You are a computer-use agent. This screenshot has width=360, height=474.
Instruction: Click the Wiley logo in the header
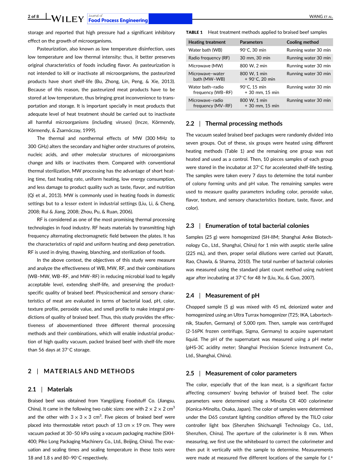tap(67, 19)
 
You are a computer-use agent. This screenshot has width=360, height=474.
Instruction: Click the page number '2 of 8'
tap(33, 16)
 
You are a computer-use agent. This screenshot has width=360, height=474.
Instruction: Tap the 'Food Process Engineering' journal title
tap(118, 20)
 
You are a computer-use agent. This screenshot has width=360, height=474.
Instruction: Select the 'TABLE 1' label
tap(194, 32)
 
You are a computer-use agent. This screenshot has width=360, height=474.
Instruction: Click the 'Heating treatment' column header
tap(207, 42)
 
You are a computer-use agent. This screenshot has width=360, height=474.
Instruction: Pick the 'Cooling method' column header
tap(302, 42)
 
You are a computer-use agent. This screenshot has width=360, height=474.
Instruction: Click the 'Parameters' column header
tap(251, 42)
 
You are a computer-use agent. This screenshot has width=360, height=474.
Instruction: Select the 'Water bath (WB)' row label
tap(205, 50)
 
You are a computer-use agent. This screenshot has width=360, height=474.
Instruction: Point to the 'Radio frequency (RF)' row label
tap(209, 58)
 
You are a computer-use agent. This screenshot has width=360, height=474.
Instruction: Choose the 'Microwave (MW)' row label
tap(205, 66)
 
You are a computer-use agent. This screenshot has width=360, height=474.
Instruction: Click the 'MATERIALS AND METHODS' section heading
tap(89, 371)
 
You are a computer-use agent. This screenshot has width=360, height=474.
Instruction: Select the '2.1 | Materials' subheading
tap(50, 389)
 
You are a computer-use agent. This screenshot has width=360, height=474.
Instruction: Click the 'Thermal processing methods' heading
tap(244, 123)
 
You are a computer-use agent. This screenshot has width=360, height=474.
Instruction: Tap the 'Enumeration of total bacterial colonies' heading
tap(257, 226)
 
